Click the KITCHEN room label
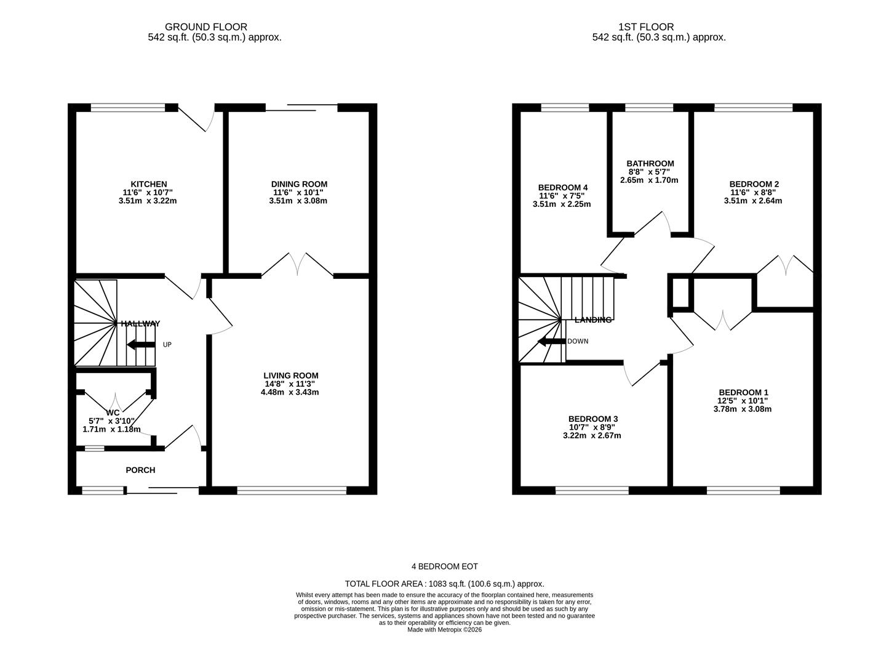coord(149,184)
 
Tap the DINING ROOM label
coord(299,184)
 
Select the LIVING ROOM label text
coord(291,376)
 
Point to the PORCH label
coord(140,470)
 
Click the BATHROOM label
coord(650,164)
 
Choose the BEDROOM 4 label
coord(563,188)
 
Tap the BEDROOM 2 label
coord(754,184)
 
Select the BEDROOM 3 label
coord(593,419)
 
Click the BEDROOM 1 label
coord(744,392)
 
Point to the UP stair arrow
coord(141,345)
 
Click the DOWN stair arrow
coord(552,342)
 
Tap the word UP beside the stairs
coord(167,345)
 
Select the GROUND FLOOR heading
coord(205,27)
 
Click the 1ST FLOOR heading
coord(647,27)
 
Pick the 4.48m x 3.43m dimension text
coord(290,392)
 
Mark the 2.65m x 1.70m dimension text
coord(649,180)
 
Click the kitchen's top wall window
coord(128,107)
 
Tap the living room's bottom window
coord(292,490)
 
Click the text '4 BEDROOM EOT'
coord(445,566)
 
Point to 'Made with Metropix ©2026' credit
coord(445,630)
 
